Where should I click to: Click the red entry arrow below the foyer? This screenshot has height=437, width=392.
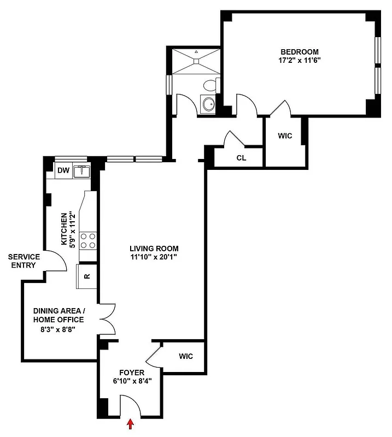click(130, 424)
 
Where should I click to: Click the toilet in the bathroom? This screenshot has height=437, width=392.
click(209, 85)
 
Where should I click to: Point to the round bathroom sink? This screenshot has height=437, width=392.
click(208, 104)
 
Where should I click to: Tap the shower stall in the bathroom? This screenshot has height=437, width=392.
click(195, 61)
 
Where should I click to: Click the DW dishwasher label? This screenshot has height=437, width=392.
click(64, 171)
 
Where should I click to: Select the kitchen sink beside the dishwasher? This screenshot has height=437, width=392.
click(81, 172)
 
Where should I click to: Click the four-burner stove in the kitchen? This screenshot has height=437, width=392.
click(88, 240)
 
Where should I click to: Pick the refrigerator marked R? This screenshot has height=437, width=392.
click(87, 276)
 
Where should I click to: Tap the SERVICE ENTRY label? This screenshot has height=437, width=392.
click(23, 261)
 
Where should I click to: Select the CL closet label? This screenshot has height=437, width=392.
click(241, 158)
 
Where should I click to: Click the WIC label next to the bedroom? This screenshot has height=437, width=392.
click(285, 136)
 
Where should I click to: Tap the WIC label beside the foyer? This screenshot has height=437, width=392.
click(186, 357)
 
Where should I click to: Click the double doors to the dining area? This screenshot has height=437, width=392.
click(108, 318)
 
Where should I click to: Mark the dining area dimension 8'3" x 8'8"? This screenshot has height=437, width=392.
click(58, 329)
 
